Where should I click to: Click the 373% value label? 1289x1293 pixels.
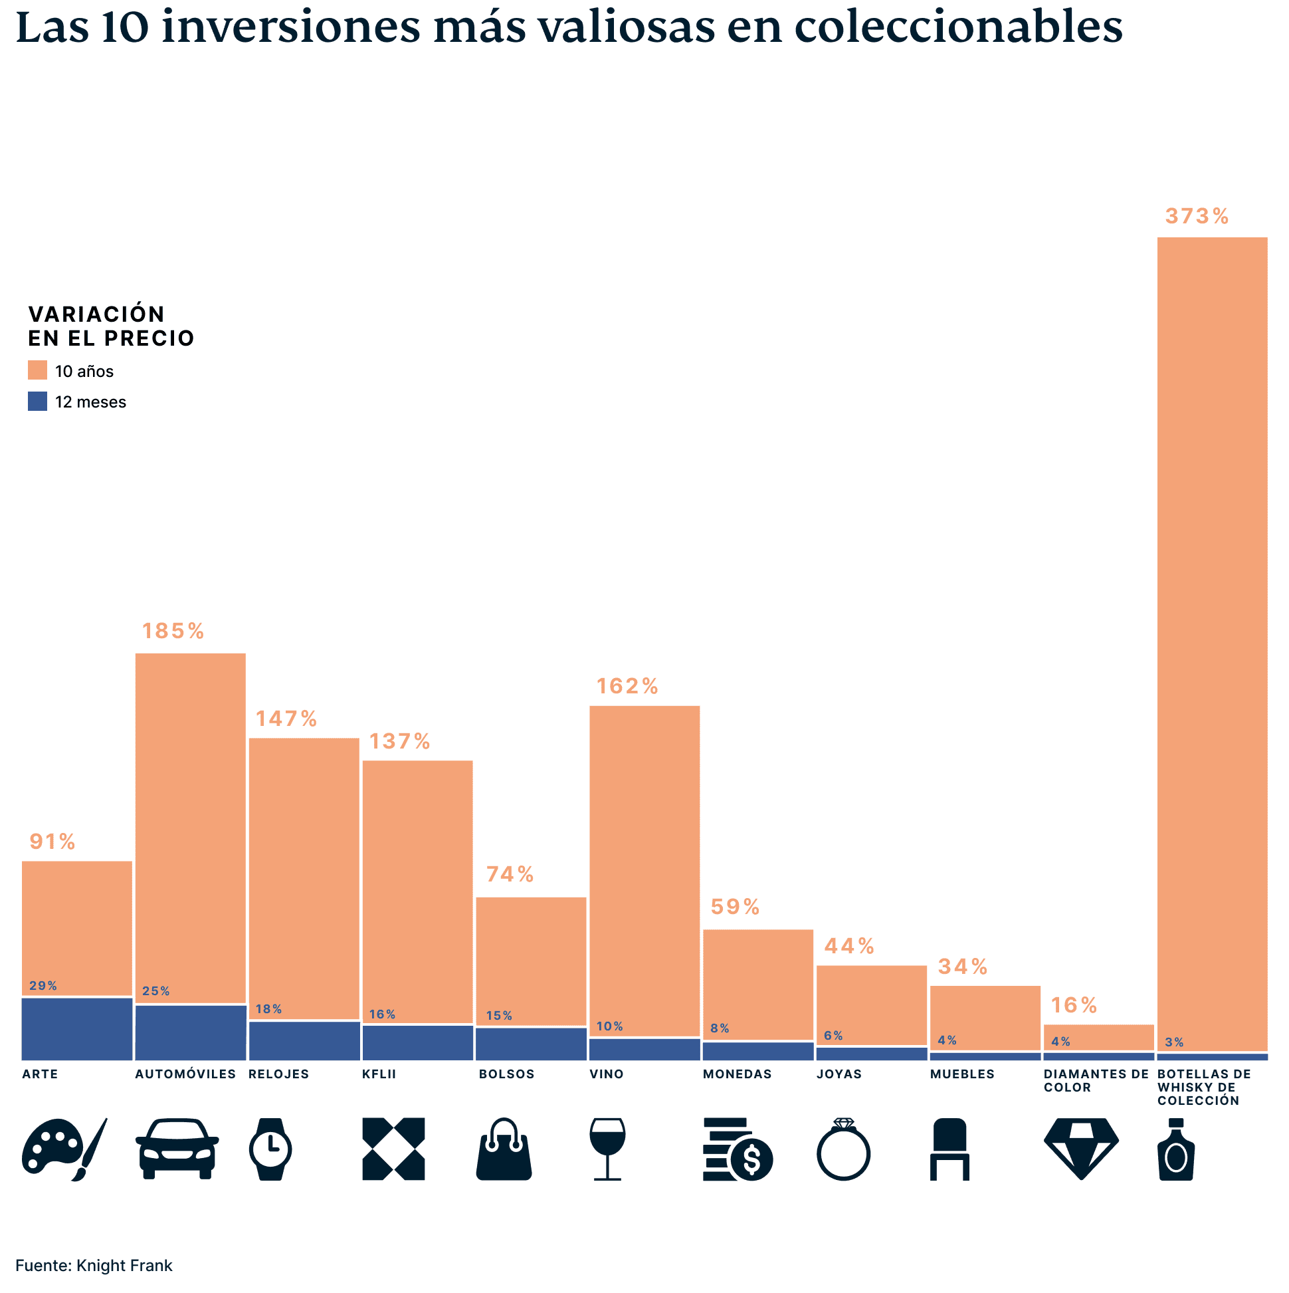(1197, 216)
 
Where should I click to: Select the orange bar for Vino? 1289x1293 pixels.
(644, 870)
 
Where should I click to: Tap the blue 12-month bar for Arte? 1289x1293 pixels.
(77, 1028)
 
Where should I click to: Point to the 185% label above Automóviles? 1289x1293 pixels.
(173, 631)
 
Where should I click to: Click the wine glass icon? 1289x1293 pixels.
(607, 1149)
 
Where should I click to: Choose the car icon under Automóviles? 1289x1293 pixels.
(177, 1149)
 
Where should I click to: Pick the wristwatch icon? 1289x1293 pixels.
(270, 1149)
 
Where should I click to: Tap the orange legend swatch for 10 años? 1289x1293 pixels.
(37, 370)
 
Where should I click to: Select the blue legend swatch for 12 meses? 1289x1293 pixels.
(37, 401)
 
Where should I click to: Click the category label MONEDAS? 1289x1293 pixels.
(737, 1074)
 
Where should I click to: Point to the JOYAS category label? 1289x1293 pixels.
(839, 1074)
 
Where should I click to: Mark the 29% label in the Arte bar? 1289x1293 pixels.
(43, 986)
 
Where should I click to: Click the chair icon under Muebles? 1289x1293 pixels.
(949, 1149)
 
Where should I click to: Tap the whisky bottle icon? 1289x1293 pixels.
(1176, 1149)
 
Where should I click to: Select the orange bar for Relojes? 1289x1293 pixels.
(304, 877)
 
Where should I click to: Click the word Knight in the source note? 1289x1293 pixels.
(98, 1266)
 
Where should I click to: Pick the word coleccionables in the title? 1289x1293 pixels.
(959, 28)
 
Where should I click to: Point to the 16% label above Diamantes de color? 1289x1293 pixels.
(1074, 1005)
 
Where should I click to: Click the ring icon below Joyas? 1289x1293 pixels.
(843, 1149)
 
